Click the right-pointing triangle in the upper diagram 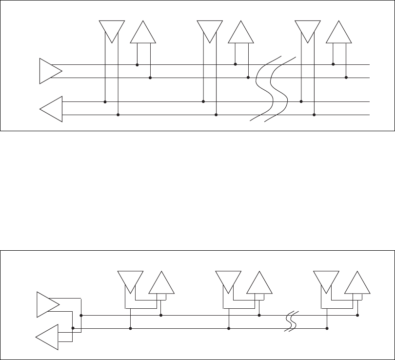point(49,71)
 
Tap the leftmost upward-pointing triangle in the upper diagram point(143,33)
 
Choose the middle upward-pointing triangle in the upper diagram point(241,33)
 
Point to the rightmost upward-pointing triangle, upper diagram point(339,33)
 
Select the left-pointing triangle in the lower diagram point(48,337)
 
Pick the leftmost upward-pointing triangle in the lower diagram point(161,283)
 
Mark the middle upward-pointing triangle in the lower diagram point(259,283)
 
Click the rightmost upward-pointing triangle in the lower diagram point(357,283)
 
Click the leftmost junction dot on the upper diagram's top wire point(137,64)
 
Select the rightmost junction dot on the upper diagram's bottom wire point(314,115)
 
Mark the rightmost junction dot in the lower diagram point(358,315)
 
